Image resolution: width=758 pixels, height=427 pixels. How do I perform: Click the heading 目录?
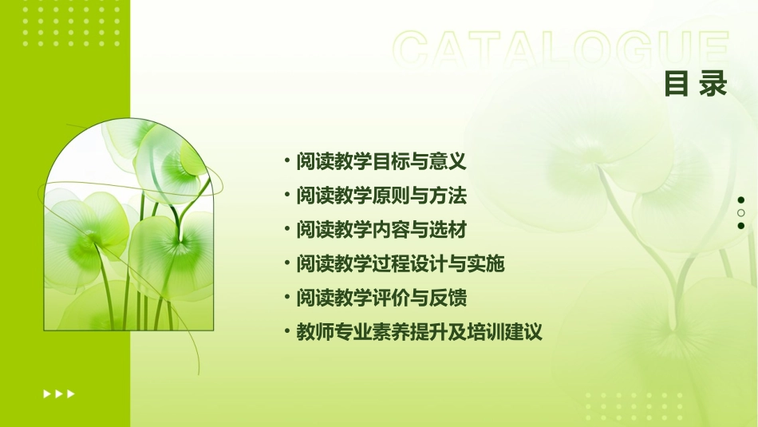click(696, 84)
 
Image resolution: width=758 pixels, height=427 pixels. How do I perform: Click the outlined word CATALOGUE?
click(561, 50)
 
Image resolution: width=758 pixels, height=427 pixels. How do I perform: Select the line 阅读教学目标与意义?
click(381, 162)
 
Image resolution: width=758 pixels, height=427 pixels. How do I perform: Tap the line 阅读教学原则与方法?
click(381, 196)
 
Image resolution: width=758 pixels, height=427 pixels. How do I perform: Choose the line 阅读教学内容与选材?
click(381, 230)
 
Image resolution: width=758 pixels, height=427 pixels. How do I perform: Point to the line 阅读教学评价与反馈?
click(381, 298)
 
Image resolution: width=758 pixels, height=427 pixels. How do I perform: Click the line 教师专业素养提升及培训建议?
click(419, 332)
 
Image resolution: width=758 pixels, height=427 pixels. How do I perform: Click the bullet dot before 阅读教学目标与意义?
click(287, 162)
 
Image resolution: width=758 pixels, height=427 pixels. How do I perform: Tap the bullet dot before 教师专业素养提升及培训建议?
click(287, 332)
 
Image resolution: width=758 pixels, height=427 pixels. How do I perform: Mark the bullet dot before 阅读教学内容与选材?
click(287, 230)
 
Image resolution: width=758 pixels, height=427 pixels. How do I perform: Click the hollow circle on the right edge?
click(741, 213)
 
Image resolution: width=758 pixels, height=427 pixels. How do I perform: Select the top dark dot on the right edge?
click(741, 200)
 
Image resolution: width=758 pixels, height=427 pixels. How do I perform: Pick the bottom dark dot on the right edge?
click(741, 226)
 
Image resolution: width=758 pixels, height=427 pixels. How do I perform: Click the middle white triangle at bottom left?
click(59, 393)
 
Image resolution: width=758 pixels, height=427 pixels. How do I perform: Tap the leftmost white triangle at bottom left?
click(47, 393)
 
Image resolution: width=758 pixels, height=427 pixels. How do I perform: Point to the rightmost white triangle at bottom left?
click(71, 393)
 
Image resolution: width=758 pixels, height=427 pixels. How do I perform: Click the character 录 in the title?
click(713, 84)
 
